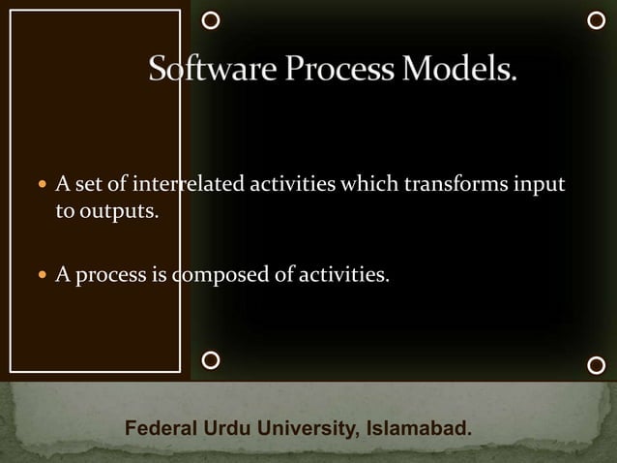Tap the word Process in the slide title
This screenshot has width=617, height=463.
click(324, 71)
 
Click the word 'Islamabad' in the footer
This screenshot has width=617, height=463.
click(416, 428)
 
